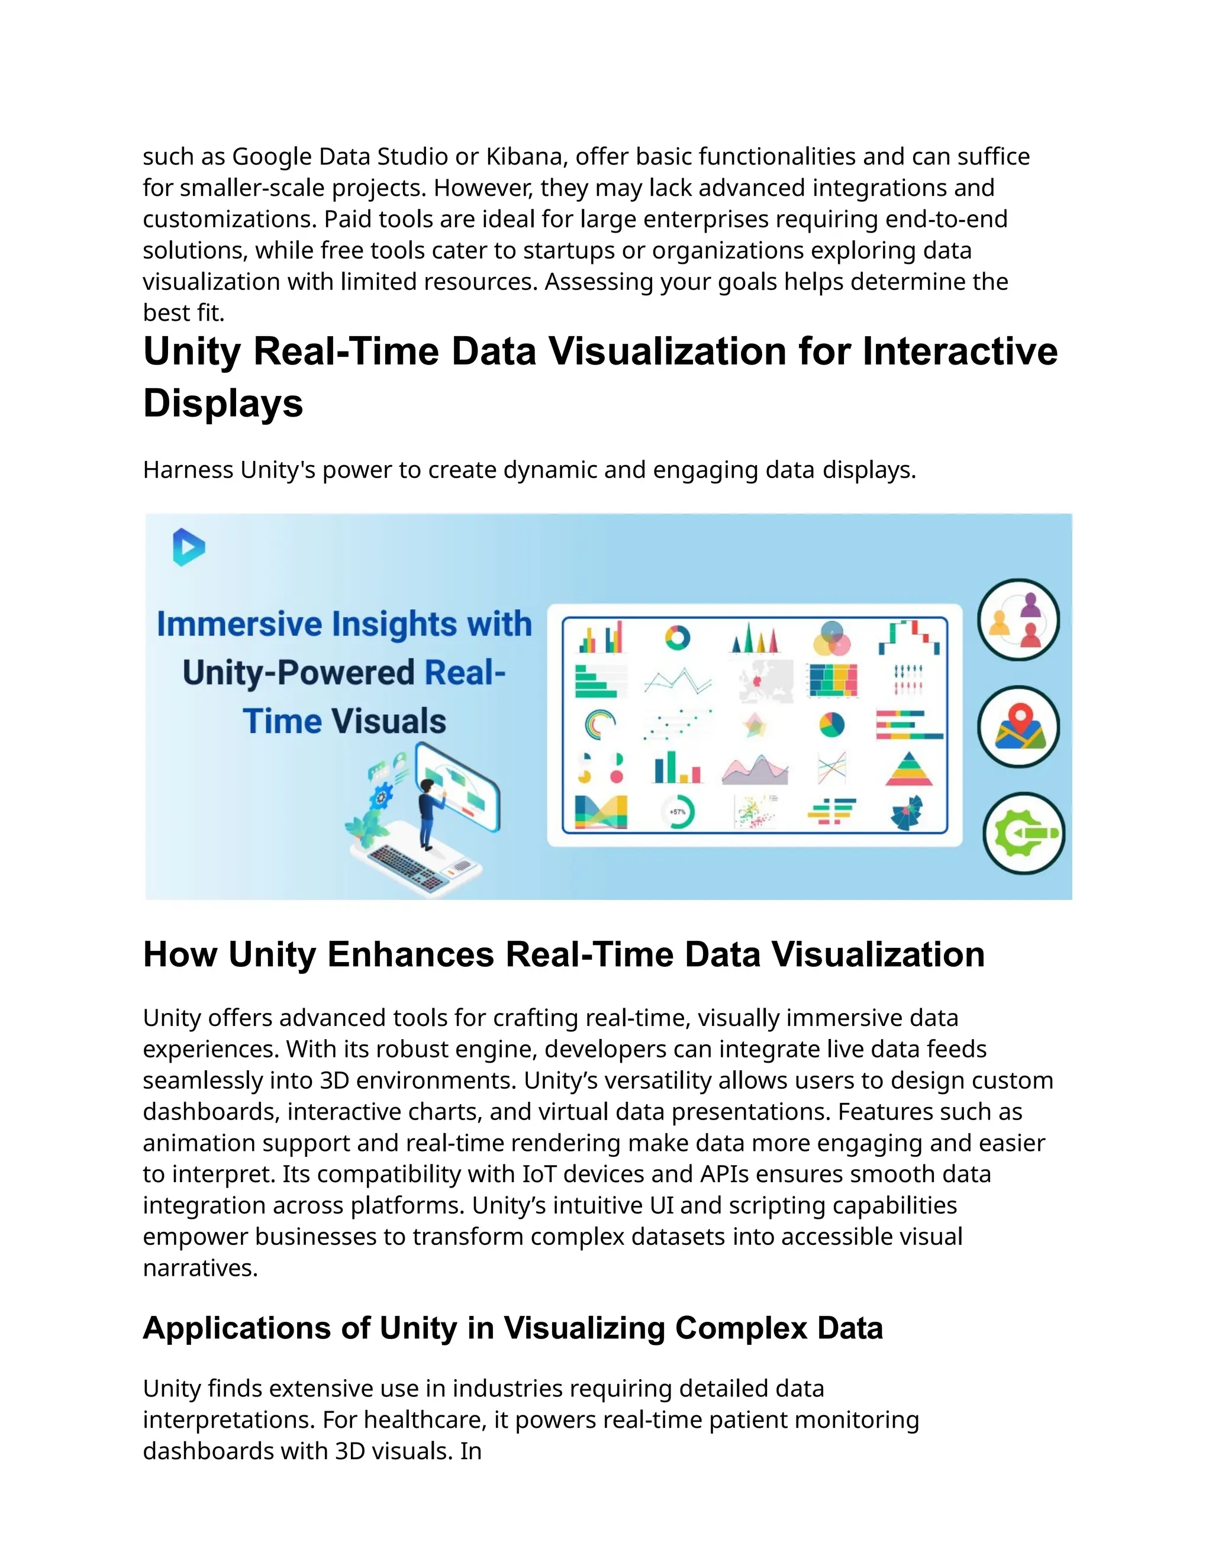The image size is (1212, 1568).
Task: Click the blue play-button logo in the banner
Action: [x=189, y=547]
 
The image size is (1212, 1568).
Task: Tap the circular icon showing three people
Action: [x=1018, y=620]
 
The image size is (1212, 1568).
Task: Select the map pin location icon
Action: [x=1018, y=727]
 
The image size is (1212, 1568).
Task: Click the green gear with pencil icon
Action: [x=1023, y=834]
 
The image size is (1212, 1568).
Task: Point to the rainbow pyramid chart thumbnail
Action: [x=909, y=769]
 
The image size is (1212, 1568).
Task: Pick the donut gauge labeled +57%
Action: [x=677, y=812]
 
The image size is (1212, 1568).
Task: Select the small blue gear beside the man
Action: [x=381, y=795]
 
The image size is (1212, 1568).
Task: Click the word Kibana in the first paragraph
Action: [x=524, y=157]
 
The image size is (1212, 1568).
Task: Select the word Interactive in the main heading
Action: [x=960, y=352]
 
